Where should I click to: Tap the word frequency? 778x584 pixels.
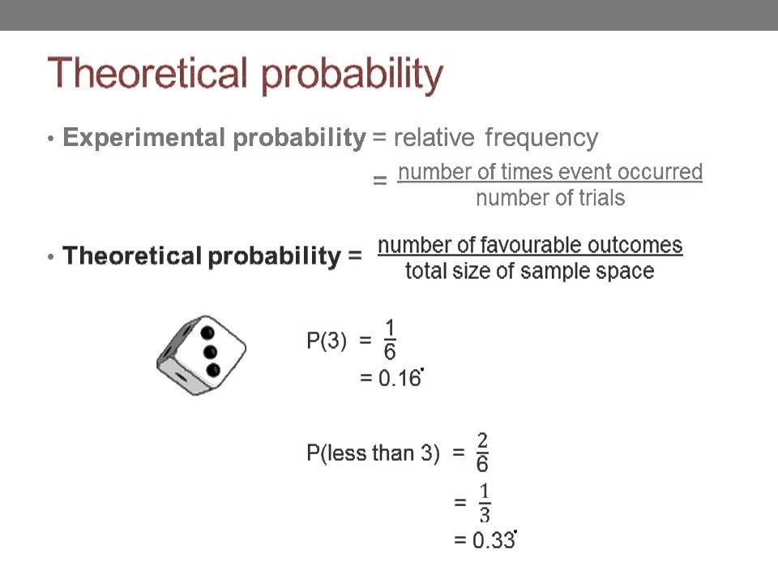541,138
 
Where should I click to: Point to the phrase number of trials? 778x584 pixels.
550,198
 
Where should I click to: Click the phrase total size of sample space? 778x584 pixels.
529,271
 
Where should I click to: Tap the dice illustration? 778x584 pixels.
201,355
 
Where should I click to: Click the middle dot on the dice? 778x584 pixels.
211,351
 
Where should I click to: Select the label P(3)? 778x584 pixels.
327,341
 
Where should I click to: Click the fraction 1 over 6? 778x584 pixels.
390,340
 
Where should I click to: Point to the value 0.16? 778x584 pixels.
400,379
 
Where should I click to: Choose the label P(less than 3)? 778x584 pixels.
373,453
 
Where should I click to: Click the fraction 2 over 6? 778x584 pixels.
482,452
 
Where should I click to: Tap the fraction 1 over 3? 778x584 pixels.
484,503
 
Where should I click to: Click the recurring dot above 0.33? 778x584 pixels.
515,530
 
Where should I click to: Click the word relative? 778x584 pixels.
434,138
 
